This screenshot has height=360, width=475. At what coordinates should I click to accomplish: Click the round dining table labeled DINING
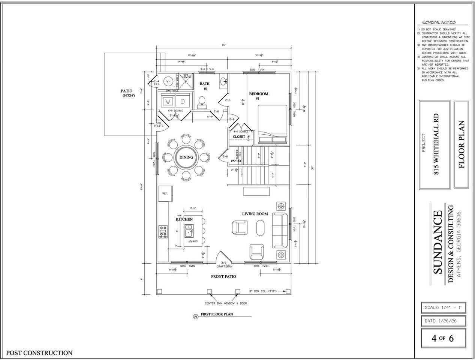click(186, 157)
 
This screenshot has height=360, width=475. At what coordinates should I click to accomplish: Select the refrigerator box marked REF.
click(165, 193)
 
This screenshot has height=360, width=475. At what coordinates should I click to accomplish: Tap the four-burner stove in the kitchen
click(163, 231)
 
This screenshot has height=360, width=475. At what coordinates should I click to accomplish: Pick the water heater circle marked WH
click(168, 81)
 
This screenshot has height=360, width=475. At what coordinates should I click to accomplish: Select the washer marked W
click(168, 102)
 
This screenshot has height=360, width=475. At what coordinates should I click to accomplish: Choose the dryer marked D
click(183, 102)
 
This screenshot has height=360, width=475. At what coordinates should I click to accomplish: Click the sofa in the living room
click(280, 230)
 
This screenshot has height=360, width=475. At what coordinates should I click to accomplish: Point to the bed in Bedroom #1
click(273, 124)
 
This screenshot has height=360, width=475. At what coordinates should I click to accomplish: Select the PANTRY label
click(236, 160)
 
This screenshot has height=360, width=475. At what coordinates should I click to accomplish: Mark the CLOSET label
click(239, 137)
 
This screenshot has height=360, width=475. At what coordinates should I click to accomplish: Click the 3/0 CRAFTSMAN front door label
click(224, 265)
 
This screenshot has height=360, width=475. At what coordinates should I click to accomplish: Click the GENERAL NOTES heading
click(439, 22)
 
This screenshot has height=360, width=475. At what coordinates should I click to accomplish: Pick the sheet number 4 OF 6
click(443, 338)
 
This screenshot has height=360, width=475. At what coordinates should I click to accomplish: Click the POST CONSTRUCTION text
click(39, 353)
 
